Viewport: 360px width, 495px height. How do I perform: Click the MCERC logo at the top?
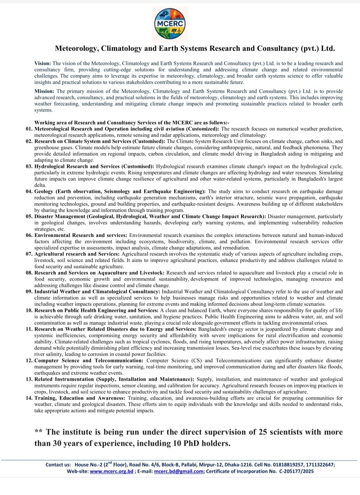click(x=170, y=24)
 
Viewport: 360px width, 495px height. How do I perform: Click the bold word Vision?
click(x=43, y=63)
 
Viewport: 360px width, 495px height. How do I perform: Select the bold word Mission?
click(x=44, y=91)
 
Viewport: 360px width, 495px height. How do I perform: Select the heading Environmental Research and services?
click(x=81, y=235)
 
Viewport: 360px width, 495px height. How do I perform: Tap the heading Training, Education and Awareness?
click(x=80, y=398)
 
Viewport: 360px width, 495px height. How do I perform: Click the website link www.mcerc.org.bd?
click(x=111, y=471)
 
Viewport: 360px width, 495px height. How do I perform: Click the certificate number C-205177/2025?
click(x=296, y=471)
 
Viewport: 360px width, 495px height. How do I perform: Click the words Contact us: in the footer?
click(x=58, y=465)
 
